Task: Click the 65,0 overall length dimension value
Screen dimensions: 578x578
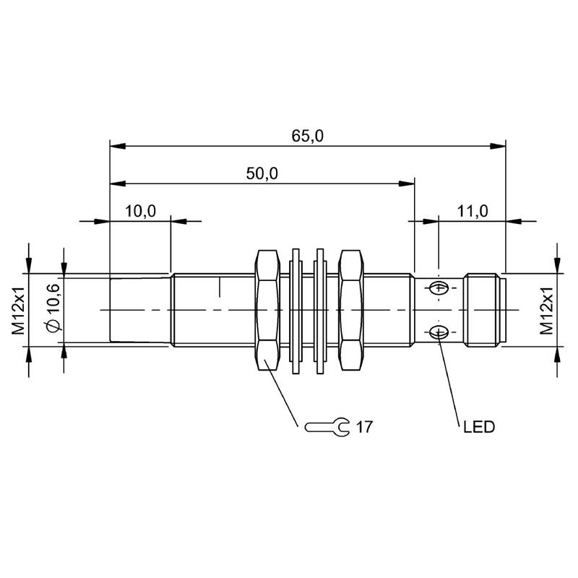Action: click(x=308, y=136)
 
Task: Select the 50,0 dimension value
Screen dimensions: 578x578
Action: click(x=262, y=173)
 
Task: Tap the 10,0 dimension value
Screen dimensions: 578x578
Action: click(x=140, y=211)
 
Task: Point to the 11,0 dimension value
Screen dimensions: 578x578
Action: click(x=473, y=211)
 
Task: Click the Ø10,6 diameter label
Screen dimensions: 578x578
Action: click(x=53, y=309)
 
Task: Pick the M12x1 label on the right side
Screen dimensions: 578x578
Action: click(x=547, y=311)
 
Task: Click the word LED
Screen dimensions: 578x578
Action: click(x=479, y=427)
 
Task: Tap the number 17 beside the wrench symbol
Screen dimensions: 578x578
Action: click(x=365, y=427)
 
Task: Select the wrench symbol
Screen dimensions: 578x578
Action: click(x=327, y=427)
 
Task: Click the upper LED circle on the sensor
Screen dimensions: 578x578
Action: click(x=439, y=288)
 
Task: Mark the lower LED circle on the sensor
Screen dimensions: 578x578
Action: click(x=439, y=333)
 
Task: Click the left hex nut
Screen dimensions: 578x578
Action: click(x=267, y=310)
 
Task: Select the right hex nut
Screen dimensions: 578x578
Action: click(x=351, y=310)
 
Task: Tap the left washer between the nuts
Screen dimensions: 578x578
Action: click(x=296, y=311)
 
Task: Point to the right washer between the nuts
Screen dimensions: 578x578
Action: click(x=320, y=311)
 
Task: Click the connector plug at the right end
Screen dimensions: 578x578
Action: click(x=485, y=310)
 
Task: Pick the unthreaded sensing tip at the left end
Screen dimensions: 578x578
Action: click(x=140, y=310)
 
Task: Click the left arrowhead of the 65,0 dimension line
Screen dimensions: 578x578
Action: click(x=118, y=146)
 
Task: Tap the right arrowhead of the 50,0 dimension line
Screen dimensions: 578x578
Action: click(x=407, y=184)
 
